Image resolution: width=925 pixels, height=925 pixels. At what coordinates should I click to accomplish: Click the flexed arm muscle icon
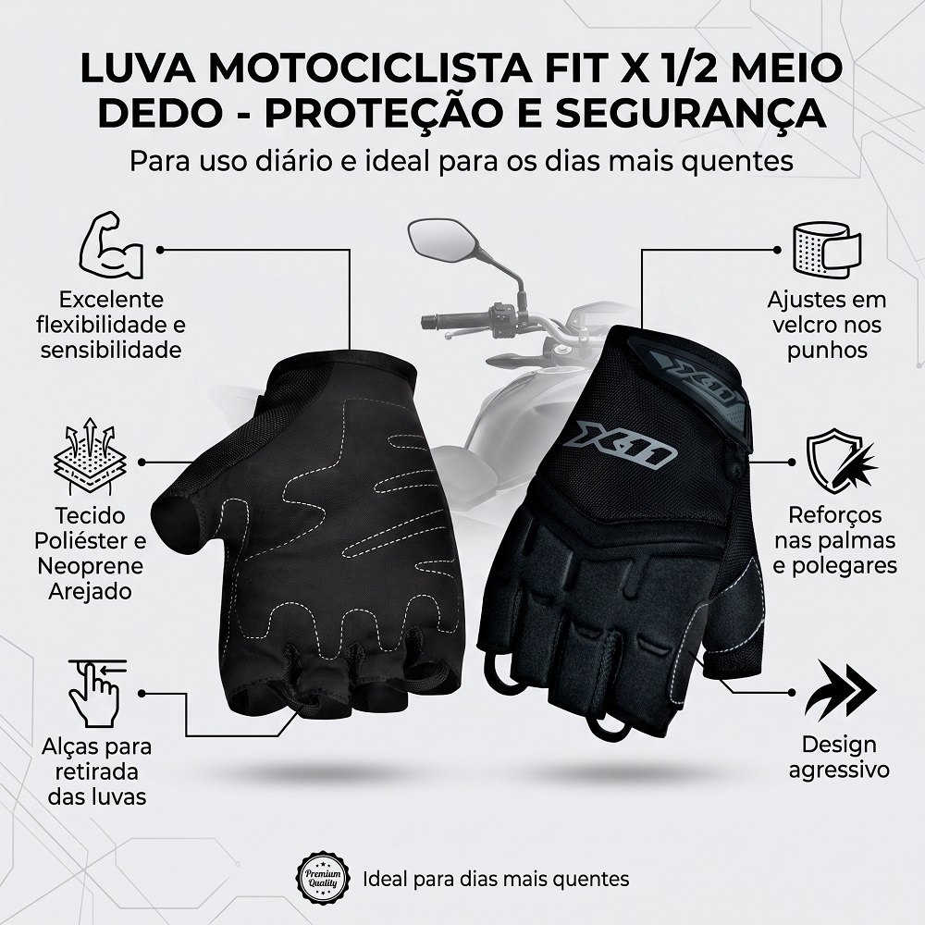(x=111, y=245)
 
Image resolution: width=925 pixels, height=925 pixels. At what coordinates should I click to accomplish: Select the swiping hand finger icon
(x=97, y=691)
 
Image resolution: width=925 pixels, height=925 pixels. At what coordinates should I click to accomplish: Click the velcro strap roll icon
(x=826, y=249)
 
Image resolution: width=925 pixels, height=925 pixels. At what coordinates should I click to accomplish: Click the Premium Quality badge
(x=323, y=878)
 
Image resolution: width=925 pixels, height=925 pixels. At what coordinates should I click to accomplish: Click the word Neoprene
(x=91, y=566)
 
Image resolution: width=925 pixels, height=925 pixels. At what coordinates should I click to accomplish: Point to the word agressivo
(x=838, y=771)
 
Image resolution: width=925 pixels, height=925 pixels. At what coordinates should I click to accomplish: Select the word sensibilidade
(x=111, y=351)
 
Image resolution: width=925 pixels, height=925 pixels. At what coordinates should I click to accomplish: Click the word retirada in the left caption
(x=97, y=771)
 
